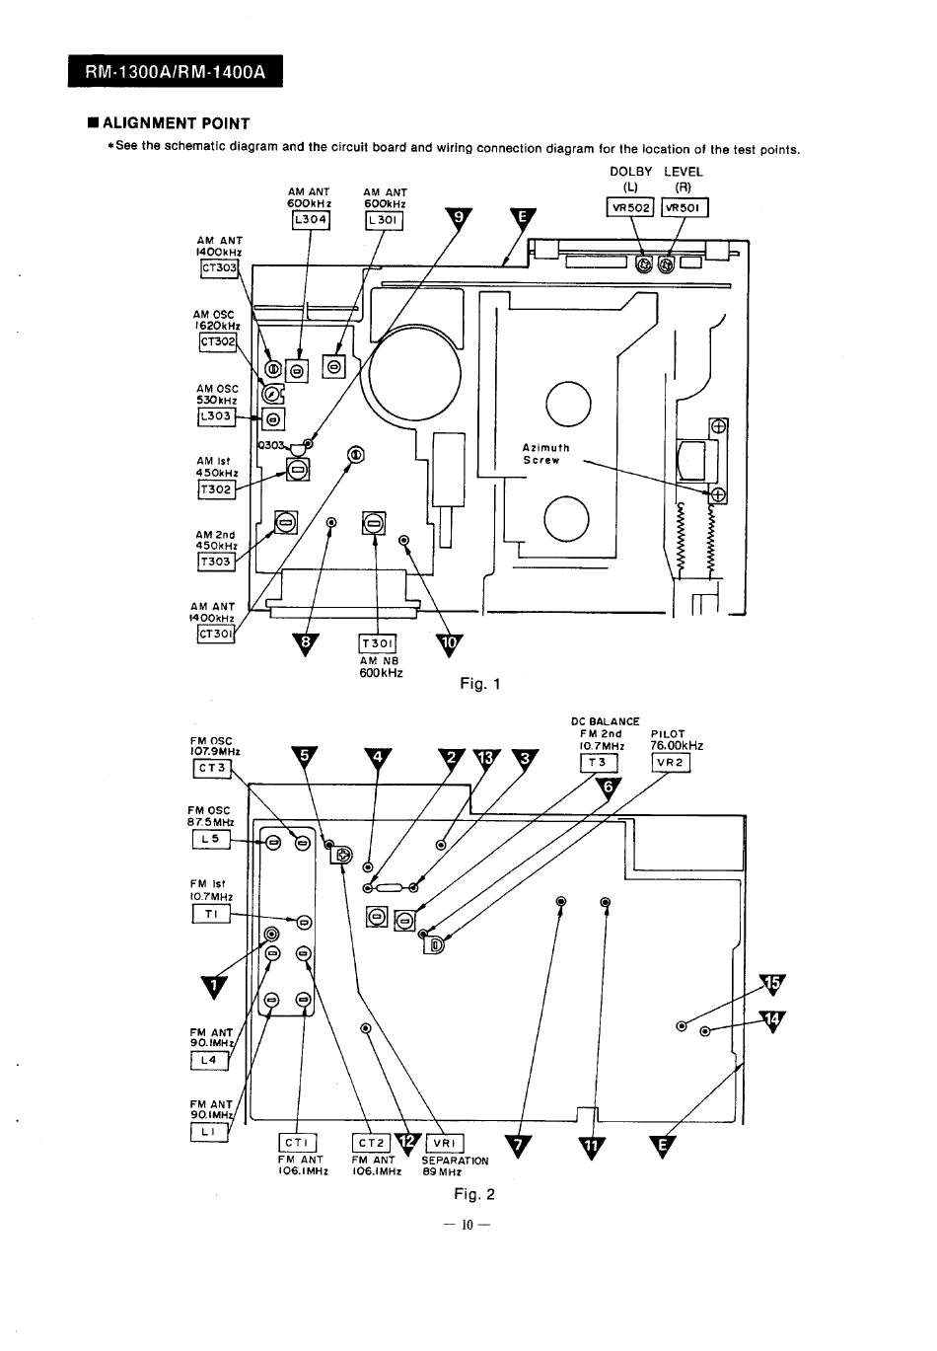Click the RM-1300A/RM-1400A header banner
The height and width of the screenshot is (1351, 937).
tap(175, 71)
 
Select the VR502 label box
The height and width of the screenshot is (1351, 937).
tap(630, 207)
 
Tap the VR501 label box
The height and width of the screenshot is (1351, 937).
tap(685, 207)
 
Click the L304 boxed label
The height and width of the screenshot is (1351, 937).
tap(311, 219)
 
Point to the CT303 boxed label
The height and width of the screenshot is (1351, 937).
tap(219, 267)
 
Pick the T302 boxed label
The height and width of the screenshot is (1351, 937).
tap(215, 488)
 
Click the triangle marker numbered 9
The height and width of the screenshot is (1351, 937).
tap(459, 219)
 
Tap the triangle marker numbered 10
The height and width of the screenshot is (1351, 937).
tap(449, 644)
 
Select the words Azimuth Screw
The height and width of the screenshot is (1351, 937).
tap(545, 454)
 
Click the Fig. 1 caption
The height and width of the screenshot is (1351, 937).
tap(480, 683)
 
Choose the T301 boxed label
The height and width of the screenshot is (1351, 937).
tap(378, 643)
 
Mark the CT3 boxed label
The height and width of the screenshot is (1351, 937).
tap(212, 768)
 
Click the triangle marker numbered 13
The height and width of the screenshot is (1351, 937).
tap(486, 759)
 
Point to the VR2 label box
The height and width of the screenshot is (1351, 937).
tap(671, 763)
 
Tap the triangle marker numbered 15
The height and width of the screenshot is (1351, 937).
tap(771, 985)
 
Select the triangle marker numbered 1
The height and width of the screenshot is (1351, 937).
tap(214, 987)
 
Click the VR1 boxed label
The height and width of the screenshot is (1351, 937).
tap(445, 1144)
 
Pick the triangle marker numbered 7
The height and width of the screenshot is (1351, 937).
tap(518, 1146)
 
